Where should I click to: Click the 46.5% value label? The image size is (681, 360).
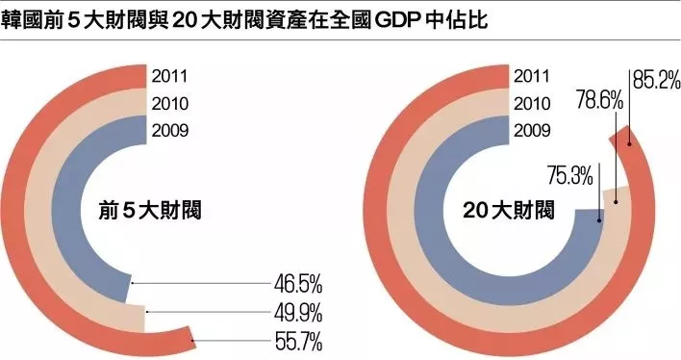coord(297,284)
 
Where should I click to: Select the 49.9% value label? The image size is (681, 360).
coord(297,313)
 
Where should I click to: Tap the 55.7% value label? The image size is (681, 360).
coord(297,341)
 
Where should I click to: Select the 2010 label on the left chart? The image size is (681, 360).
coord(169,104)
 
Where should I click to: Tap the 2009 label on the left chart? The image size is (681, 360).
coord(169,131)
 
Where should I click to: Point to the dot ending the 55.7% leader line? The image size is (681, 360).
coord(193,341)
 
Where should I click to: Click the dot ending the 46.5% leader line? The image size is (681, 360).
coord(131,283)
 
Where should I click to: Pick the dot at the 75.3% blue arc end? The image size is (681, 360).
coord(599,220)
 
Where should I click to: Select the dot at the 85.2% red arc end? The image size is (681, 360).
coord(629,144)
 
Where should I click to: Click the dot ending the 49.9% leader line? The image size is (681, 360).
coord(145,312)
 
